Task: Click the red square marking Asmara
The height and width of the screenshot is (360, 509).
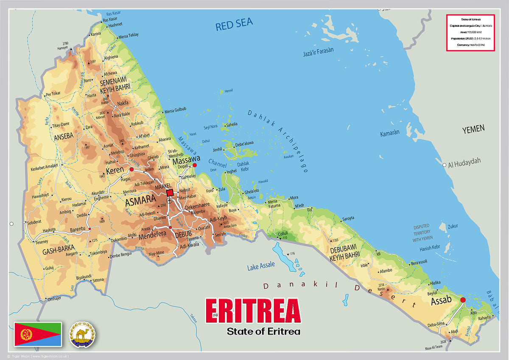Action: (x=170, y=193)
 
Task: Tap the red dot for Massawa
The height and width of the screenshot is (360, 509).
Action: (x=195, y=165)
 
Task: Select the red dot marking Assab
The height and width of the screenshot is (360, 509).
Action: (x=463, y=300)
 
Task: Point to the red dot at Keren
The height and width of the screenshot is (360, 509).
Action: (x=131, y=169)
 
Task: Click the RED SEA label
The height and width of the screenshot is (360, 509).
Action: (x=234, y=25)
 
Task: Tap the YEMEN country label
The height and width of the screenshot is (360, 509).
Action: (x=473, y=129)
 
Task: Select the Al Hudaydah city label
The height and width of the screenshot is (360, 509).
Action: (x=464, y=161)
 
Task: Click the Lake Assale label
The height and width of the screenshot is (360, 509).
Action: (x=261, y=265)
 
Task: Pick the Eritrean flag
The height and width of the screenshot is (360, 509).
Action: (x=38, y=334)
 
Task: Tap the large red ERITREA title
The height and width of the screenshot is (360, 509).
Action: (x=253, y=312)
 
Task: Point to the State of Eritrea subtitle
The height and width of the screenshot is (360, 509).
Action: (x=263, y=331)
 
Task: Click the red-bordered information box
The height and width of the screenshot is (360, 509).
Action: (x=470, y=33)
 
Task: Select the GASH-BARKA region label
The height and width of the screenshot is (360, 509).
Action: (x=59, y=251)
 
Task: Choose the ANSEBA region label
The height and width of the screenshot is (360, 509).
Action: (x=64, y=136)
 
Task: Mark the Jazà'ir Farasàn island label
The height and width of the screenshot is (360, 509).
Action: (x=318, y=52)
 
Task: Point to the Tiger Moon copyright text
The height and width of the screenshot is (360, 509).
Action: (x=38, y=356)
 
